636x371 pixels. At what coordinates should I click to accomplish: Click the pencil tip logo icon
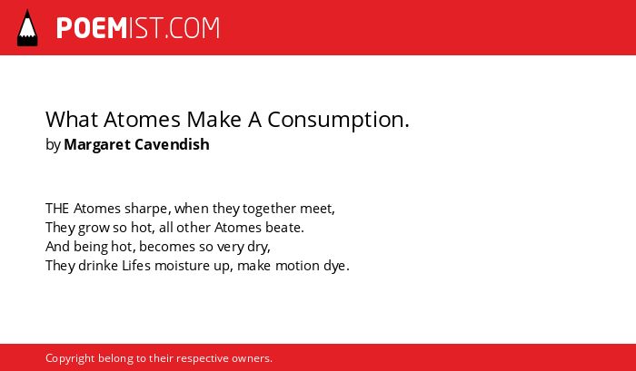pyautogui.click(x=27, y=27)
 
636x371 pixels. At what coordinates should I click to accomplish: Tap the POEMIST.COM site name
pyautogui.click(x=138, y=28)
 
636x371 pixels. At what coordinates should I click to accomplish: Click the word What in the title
pyautogui.click(x=72, y=120)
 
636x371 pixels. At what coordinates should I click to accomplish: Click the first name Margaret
pyautogui.click(x=97, y=144)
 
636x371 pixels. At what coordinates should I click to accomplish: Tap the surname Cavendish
pyautogui.click(x=172, y=144)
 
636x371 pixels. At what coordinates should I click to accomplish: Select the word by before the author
pyautogui.click(x=53, y=144)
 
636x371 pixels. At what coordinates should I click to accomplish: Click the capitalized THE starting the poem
pyautogui.click(x=57, y=209)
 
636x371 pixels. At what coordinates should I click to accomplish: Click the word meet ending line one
pyautogui.click(x=316, y=209)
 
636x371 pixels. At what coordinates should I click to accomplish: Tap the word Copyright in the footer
pyautogui.click(x=70, y=359)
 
